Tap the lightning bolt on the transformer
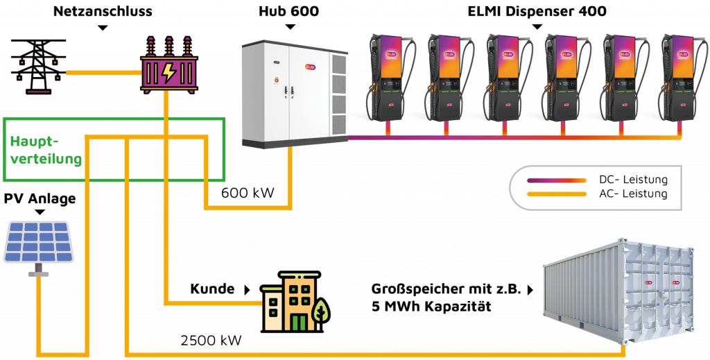168,72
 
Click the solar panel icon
39,242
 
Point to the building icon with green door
291,302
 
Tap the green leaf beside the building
320,311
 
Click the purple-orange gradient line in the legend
557,180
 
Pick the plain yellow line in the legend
557,194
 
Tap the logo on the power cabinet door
310,67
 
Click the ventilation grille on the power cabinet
338,94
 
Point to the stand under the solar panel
39,271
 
